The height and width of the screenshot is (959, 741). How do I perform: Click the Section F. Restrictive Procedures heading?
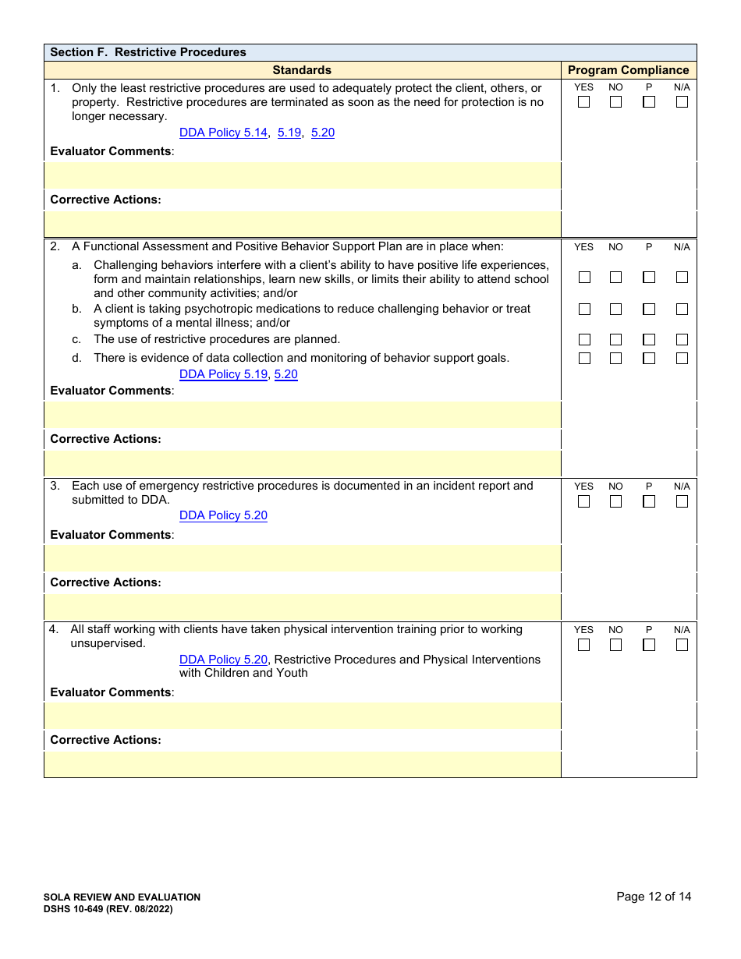[148, 52]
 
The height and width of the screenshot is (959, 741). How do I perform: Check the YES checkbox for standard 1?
[583, 102]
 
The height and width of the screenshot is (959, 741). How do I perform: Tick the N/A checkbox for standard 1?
[682, 102]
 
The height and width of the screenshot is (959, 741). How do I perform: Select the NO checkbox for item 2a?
[616, 278]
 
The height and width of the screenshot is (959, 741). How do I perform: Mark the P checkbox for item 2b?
[649, 310]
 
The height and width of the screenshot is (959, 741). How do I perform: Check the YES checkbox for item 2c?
[583, 340]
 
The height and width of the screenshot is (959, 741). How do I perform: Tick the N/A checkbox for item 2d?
[682, 359]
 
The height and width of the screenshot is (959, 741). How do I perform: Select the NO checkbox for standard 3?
[616, 501]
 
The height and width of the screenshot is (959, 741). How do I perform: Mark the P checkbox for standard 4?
[649, 645]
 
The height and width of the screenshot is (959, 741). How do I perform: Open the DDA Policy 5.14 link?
[223, 133]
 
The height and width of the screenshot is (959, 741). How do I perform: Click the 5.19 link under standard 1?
[289, 133]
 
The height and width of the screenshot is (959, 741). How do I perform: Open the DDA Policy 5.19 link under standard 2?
[223, 374]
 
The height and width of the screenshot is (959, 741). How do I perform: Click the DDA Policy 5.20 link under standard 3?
[223, 515]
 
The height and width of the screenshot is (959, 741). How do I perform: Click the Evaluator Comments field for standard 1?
[303, 175]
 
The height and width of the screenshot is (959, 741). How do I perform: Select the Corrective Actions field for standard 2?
[303, 463]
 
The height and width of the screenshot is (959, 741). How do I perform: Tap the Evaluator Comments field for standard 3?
[303, 558]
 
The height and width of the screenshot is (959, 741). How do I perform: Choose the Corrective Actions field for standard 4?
[303, 764]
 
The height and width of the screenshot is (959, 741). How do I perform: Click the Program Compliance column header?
[628, 70]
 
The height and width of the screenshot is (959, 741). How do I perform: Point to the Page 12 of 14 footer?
[654, 897]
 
